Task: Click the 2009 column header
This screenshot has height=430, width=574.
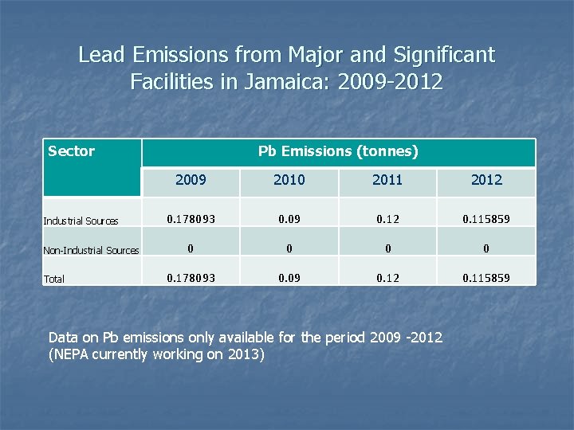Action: tap(191, 180)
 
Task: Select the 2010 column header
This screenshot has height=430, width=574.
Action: tap(289, 180)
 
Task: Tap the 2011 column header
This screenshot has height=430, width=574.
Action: tap(387, 180)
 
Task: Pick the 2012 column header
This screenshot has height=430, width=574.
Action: tap(486, 180)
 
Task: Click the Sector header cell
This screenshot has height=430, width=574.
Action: tap(72, 151)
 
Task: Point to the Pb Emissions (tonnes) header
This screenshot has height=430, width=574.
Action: tap(338, 151)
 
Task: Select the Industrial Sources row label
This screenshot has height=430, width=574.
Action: tap(81, 221)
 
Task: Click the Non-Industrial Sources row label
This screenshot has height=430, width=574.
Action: tap(91, 250)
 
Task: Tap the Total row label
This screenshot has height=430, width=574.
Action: tap(54, 279)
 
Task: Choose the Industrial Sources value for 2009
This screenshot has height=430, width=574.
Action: tap(191, 218)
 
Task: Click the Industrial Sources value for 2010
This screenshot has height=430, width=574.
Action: tap(289, 218)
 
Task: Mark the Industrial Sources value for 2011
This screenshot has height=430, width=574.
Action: tap(387, 218)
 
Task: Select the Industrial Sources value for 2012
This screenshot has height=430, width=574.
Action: tap(486, 218)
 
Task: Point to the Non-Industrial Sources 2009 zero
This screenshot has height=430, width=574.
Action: tap(191, 248)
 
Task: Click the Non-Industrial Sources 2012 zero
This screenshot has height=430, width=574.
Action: tap(486, 248)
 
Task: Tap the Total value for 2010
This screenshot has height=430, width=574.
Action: tap(289, 278)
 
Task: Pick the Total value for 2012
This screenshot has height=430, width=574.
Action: tap(486, 278)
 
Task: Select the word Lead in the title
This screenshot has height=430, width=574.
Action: tap(102, 55)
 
